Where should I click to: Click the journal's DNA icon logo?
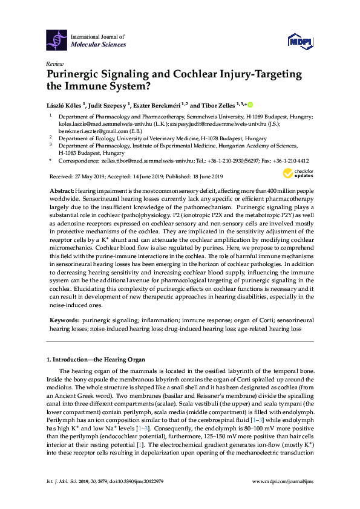pos(57,40)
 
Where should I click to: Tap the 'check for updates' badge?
pos(295,173)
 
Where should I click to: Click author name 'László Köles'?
pos(67,104)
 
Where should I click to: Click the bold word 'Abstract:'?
pos(62,190)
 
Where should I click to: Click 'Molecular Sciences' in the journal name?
pos(99,45)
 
